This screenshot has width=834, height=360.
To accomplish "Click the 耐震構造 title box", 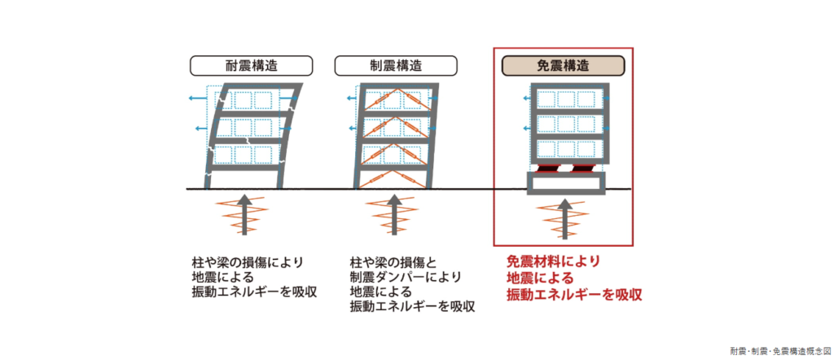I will (251, 65).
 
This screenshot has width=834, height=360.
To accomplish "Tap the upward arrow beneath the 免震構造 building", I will (564, 216).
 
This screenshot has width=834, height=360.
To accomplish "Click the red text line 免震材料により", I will (553, 261).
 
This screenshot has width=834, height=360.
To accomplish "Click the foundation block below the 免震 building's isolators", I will (564, 184).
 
